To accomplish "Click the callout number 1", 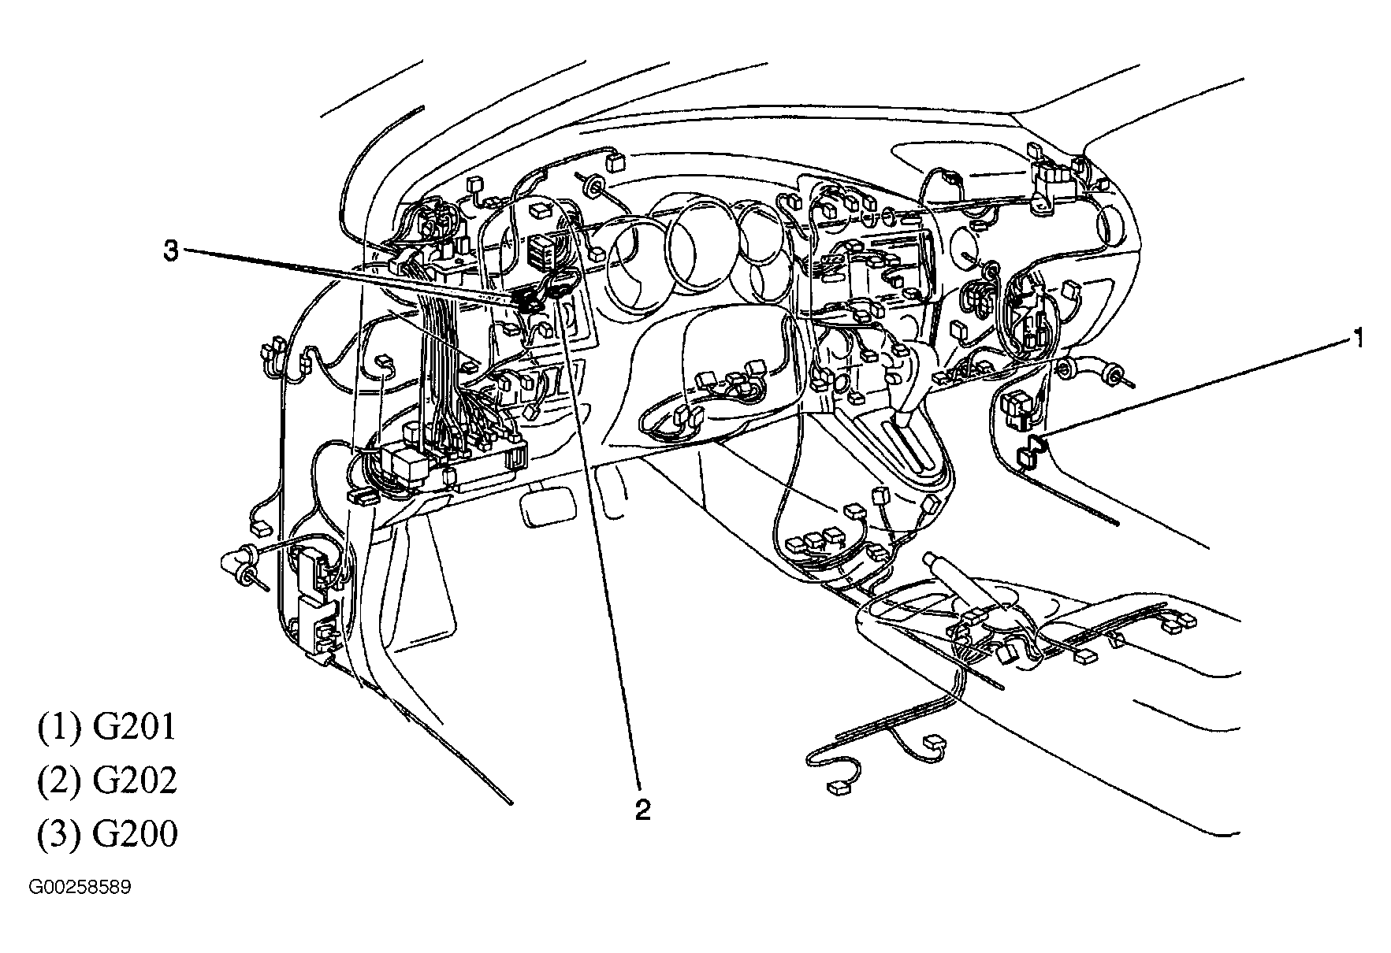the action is pos(1358,339).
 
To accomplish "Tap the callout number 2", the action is pos(643,810).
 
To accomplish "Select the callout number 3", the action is pos(171,252).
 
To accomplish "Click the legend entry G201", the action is pos(106,727).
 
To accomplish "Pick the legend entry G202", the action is pos(106,781).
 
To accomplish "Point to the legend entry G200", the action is pos(106,834).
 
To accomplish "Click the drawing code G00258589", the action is pos(80,888).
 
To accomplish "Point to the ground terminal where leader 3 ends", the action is pos(526,299).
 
